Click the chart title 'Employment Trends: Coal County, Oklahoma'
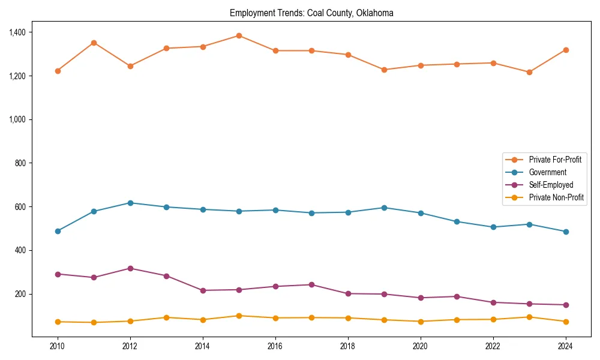(311, 13)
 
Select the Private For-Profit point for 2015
(239, 35)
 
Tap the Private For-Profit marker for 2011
(94, 43)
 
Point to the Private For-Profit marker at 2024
(566, 50)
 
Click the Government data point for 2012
(130, 203)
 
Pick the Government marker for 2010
(58, 231)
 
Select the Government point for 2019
(384, 208)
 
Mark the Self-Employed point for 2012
(130, 268)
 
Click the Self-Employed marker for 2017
(311, 284)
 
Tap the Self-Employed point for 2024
(566, 305)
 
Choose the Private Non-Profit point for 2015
(239, 316)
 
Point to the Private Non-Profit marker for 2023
(529, 317)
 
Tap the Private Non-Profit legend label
(556, 197)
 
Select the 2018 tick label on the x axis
(348, 346)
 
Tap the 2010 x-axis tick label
(58, 346)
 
